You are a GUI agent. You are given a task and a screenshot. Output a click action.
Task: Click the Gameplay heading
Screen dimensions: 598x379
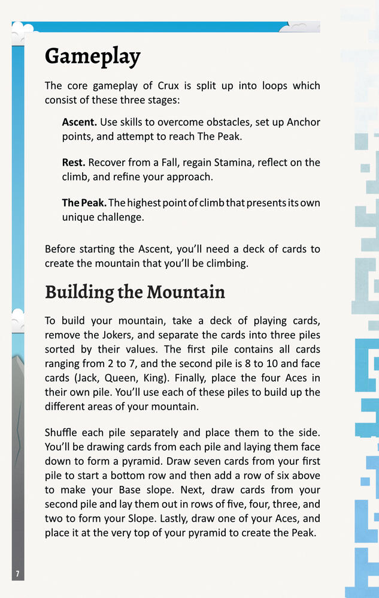pyautogui.click(x=92, y=56)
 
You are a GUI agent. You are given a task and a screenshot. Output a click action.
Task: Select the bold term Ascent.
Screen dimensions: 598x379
pyautogui.click(x=79, y=122)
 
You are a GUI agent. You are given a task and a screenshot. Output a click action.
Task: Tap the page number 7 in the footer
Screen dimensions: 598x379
pyautogui.click(x=17, y=574)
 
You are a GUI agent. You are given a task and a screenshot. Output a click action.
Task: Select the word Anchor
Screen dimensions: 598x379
pyautogui.click(x=304, y=122)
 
